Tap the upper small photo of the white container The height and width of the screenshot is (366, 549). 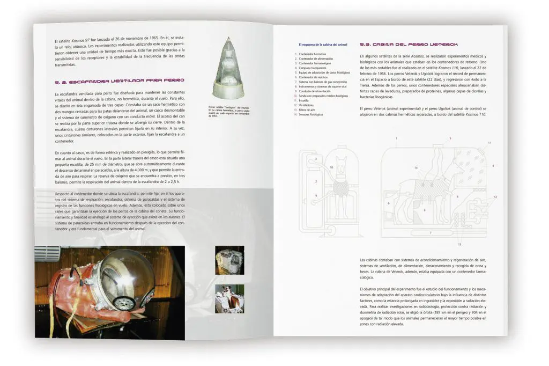coord(229,260)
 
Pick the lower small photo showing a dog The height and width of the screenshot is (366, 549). coord(229,298)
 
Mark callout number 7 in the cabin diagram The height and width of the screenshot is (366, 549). coord(430,232)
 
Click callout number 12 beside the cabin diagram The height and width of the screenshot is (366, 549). coord(495,197)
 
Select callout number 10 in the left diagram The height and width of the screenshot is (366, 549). coord(332,168)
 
